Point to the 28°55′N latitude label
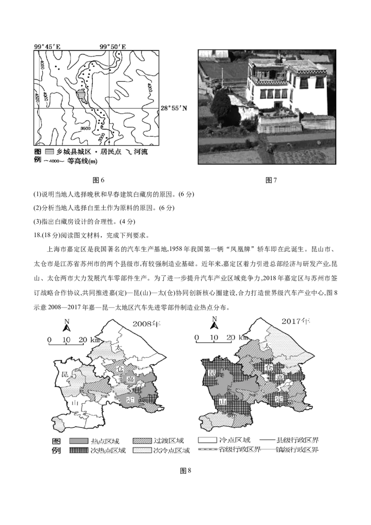174,108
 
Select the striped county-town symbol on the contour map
81,96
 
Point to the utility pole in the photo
222,74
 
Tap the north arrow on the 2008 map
67,323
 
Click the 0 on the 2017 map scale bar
197,337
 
